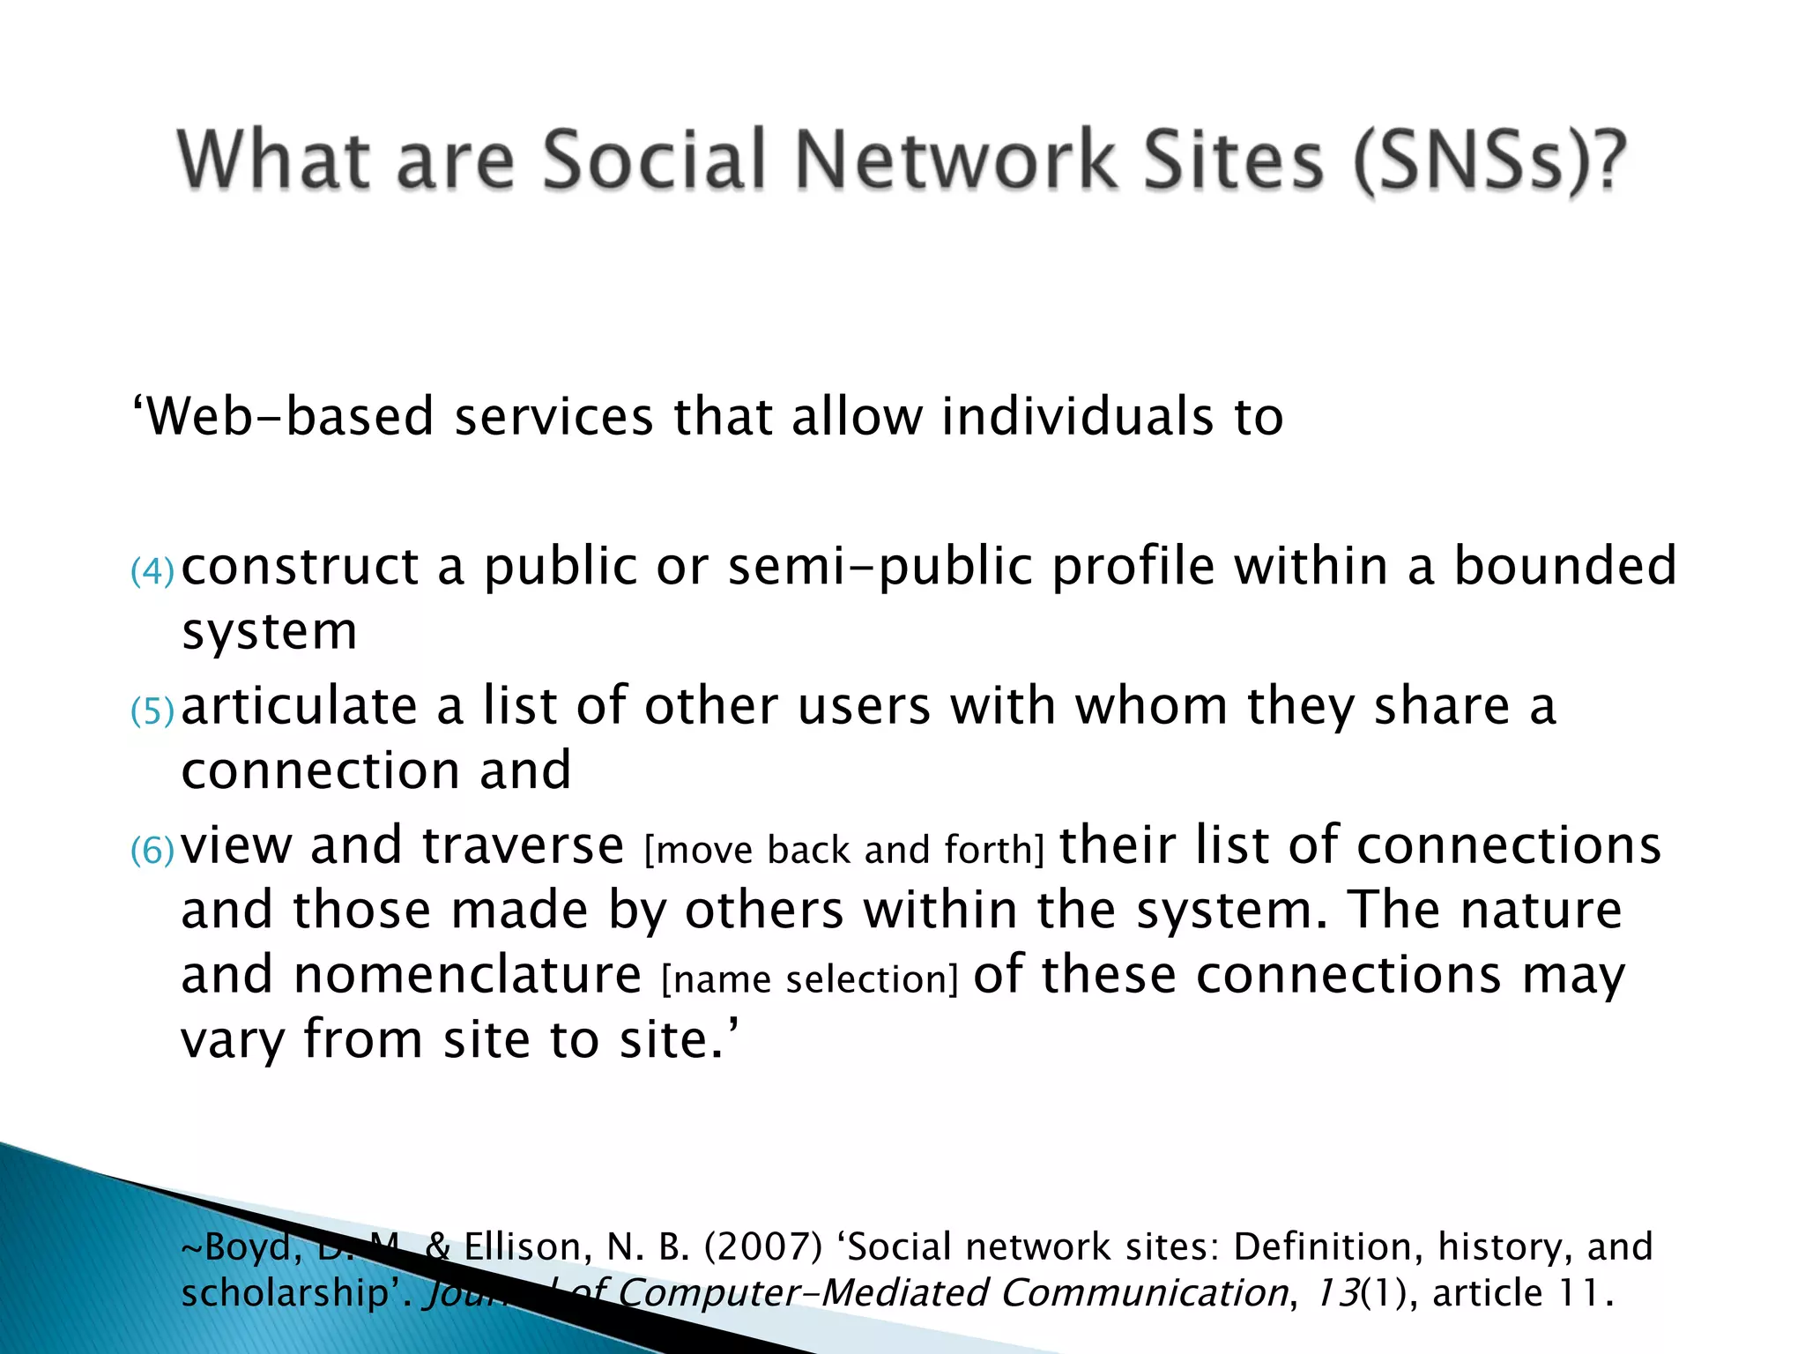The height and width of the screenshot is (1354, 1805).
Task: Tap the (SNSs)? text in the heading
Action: tap(1489, 162)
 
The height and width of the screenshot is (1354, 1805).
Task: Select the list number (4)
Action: tap(152, 571)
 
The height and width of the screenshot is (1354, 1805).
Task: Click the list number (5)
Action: tap(152, 710)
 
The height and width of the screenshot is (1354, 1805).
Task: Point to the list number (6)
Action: tap(152, 851)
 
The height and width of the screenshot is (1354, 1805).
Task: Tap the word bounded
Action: tap(1564, 566)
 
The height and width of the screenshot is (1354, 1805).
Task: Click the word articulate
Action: tap(299, 706)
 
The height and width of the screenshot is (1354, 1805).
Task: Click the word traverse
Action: tap(523, 845)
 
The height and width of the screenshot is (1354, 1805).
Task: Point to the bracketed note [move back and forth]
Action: tap(843, 850)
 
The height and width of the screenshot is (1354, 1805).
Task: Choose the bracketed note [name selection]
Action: tap(809, 979)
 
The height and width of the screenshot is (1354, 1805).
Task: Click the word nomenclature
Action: tap(467, 975)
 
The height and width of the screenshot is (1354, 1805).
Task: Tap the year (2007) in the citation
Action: tap(763, 1246)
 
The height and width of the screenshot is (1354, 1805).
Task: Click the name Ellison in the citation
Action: tap(522, 1246)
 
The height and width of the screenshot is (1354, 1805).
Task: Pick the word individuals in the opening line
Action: tap(1076, 416)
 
